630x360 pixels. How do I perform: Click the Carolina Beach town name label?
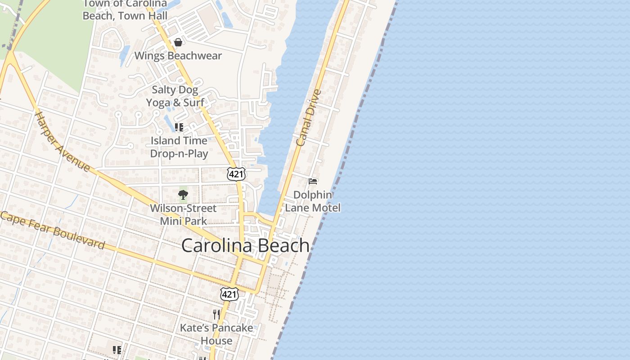pos(245,246)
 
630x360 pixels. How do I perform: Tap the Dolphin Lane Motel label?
pos(313,201)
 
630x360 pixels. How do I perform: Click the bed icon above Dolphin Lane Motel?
pos(313,181)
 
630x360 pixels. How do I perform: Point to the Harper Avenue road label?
pos(63,141)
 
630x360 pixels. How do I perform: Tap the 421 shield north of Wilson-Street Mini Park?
pos(236,174)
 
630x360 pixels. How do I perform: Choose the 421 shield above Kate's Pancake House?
pos(229,294)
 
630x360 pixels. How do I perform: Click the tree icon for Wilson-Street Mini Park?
pos(183,195)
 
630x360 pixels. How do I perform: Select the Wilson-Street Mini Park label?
pos(183,215)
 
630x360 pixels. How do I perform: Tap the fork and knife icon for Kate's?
pos(216,314)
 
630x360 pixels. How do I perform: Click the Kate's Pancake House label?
pos(216,334)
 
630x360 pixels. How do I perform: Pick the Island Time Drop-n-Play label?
pos(179,147)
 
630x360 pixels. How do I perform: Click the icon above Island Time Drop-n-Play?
pos(179,127)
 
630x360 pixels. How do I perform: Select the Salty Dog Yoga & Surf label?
pos(175,96)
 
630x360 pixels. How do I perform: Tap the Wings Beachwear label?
pos(178,56)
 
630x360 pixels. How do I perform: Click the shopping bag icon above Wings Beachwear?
pos(178,42)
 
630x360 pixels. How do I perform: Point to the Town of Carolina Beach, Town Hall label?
pos(125,10)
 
